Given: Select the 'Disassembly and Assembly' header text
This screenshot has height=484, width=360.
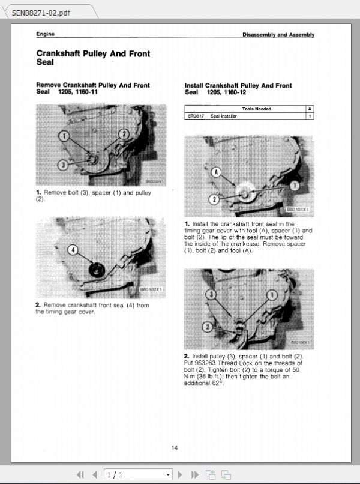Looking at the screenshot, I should tap(278, 35).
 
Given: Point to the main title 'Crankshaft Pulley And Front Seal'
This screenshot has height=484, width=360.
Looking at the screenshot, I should tap(93, 58).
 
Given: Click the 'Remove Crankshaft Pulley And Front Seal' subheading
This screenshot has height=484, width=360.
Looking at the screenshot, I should tap(93, 89).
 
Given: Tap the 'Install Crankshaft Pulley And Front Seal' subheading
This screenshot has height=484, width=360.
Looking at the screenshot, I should tap(238, 89).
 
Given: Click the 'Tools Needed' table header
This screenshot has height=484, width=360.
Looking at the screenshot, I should tap(257, 109).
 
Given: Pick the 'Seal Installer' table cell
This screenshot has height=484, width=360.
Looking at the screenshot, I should tap(224, 116).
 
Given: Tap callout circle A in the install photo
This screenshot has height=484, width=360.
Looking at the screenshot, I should tap(215, 172).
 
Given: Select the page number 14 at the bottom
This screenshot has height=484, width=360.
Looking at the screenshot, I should tap(175, 447).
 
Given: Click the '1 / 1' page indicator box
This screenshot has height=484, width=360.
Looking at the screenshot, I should tap(138, 475).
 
